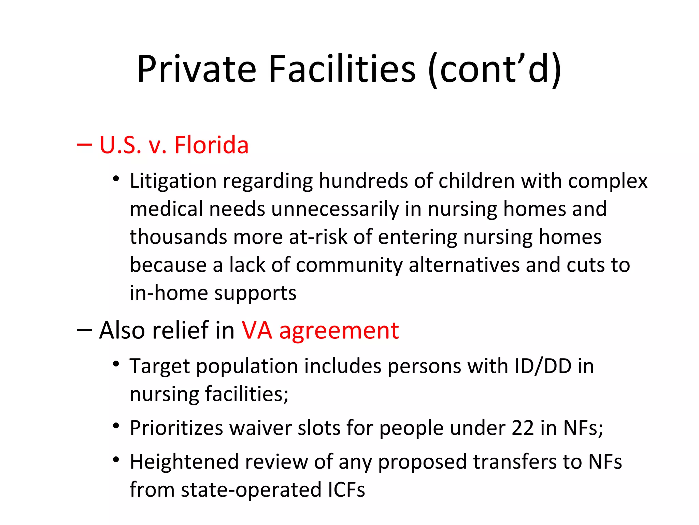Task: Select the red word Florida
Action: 211,145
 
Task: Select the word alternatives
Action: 464,265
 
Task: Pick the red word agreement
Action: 339,331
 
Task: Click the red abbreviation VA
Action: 257,331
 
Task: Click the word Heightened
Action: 184,462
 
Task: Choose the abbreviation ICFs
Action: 346,490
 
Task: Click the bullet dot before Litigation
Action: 116,178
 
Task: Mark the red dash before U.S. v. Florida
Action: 84,145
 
